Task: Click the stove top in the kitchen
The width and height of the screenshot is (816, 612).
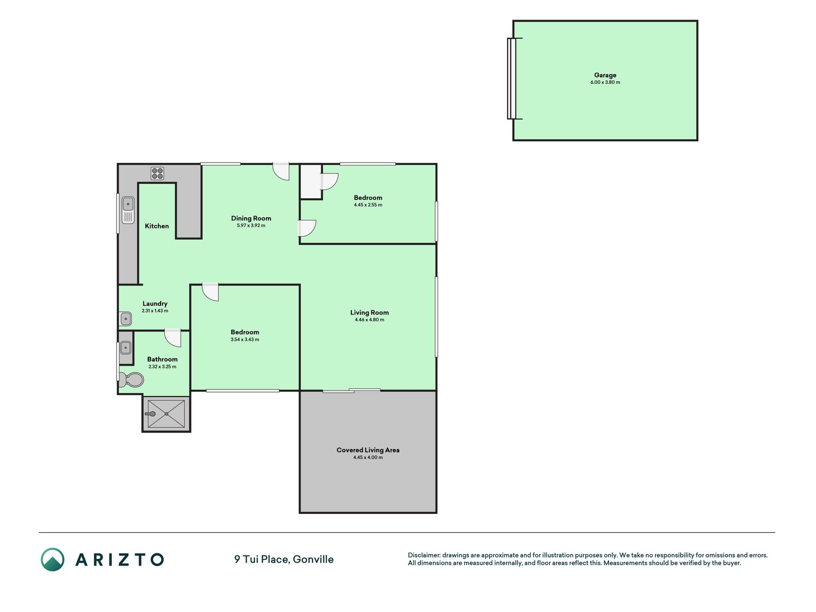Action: pyautogui.click(x=157, y=174)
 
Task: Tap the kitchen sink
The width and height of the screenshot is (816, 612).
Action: pyautogui.click(x=128, y=210)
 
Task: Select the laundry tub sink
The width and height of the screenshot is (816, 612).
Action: pyautogui.click(x=126, y=318)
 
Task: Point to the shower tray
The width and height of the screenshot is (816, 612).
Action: pyautogui.click(x=166, y=414)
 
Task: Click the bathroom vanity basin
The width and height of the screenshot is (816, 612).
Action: pyautogui.click(x=125, y=348)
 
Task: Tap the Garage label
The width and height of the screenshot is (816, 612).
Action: pyautogui.click(x=605, y=75)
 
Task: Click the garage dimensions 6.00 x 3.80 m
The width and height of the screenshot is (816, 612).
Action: pyautogui.click(x=605, y=82)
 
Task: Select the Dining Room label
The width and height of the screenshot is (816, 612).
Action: pyautogui.click(x=251, y=218)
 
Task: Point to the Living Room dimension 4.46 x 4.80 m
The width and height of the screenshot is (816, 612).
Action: pyautogui.click(x=370, y=320)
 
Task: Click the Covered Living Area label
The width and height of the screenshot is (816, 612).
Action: pyautogui.click(x=368, y=450)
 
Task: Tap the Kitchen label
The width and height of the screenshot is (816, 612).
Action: pyautogui.click(x=157, y=226)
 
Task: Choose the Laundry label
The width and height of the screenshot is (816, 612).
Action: pyautogui.click(x=155, y=304)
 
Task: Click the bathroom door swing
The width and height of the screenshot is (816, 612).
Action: pyautogui.click(x=173, y=338)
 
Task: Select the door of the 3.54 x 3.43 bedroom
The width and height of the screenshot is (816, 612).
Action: pyautogui.click(x=210, y=292)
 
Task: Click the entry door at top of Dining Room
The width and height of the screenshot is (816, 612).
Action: pyautogui.click(x=281, y=172)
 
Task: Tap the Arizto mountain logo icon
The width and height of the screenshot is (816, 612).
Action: pyautogui.click(x=53, y=559)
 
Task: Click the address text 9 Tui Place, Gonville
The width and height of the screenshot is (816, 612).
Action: pyautogui.click(x=284, y=559)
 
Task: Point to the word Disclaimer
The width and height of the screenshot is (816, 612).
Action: pyautogui.click(x=424, y=555)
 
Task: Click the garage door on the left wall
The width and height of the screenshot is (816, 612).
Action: pyautogui.click(x=512, y=78)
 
